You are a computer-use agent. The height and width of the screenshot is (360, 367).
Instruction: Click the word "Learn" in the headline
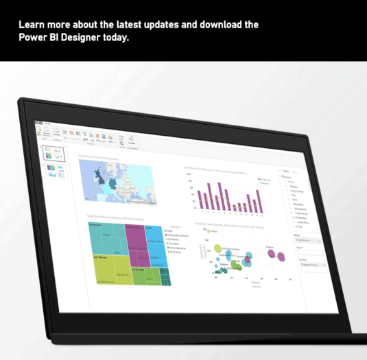(34, 25)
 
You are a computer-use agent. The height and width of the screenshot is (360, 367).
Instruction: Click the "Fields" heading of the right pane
(284, 171)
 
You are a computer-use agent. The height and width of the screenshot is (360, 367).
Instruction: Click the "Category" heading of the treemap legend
(175, 225)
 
